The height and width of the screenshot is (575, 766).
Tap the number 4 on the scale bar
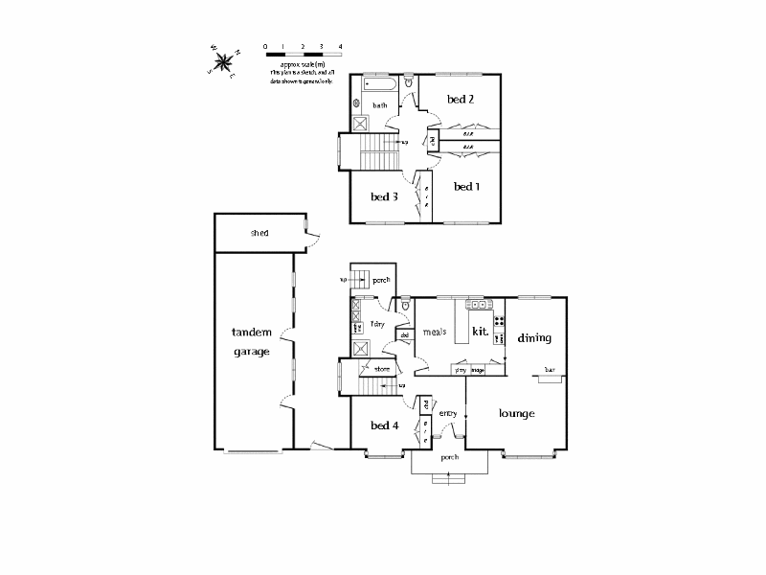[x=340, y=46]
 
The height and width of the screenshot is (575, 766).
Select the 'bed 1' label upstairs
[x=465, y=186]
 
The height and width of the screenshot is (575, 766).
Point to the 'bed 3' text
[x=384, y=196]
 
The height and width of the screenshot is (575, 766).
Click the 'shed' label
[x=259, y=233]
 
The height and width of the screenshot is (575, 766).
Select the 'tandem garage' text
[x=252, y=341]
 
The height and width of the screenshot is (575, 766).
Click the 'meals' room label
[x=436, y=333]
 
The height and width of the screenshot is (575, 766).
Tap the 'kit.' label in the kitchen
[x=481, y=332]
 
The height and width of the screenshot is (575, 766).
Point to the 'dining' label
[x=534, y=338]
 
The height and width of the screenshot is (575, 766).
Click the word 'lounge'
[x=516, y=413]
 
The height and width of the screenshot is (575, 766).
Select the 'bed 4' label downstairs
[x=384, y=425]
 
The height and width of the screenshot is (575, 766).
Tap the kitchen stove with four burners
[x=499, y=320]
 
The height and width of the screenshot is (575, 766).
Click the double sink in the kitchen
[x=477, y=305]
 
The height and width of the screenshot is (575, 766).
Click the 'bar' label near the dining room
[x=550, y=370]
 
